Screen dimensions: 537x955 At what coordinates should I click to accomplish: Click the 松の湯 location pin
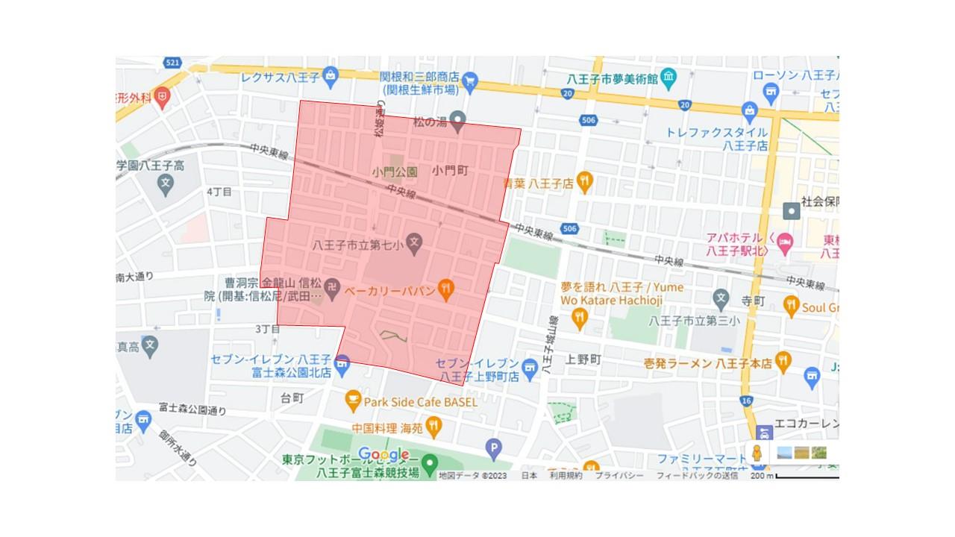tap(457, 119)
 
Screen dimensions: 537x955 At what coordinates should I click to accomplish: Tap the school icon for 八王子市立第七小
tap(415, 242)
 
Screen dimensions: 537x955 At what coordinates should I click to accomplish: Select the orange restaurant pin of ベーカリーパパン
tap(446, 289)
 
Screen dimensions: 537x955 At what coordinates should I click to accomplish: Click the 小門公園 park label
tap(395, 172)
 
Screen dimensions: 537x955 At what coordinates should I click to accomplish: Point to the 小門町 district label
tap(449, 171)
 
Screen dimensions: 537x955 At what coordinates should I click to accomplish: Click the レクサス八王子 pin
tap(332, 75)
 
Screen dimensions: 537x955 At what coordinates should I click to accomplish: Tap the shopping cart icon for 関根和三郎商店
tap(470, 80)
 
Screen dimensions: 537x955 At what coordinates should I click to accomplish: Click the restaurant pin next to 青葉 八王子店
tap(585, 181)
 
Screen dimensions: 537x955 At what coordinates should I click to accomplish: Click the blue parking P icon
tap(493, 449)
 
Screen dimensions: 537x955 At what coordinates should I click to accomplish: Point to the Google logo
tap(383, 454)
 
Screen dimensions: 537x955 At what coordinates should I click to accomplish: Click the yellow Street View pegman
tap(757, 453)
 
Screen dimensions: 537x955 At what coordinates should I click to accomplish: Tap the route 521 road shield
tap(174, 63)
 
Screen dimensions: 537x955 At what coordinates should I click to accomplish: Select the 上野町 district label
tap(583, 359)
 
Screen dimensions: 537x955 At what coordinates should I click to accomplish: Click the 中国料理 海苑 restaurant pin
tap(433, 427)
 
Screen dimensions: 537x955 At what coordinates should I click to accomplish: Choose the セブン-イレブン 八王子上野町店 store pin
tap(529, 365)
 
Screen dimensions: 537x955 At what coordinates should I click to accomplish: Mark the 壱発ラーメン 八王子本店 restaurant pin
tap(783, 362)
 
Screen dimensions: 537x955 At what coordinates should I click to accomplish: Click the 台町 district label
tap(292, 398)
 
